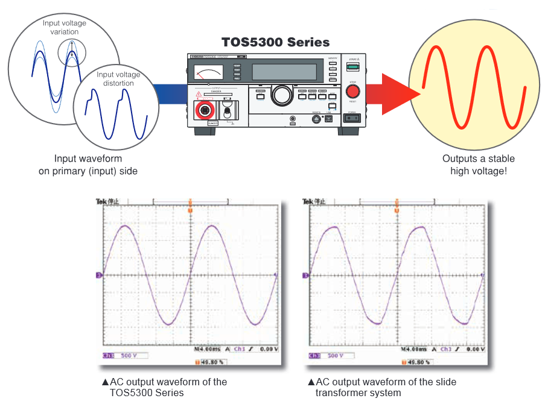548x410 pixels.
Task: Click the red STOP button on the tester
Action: click(x=352, y=92)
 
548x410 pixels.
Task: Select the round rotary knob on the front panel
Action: click(x=281, y=94)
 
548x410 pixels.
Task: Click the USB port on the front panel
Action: click(x=329, y=118)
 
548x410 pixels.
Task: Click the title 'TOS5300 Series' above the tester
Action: click(x=276, y=42)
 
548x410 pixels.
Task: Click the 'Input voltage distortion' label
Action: click(x=118, y=79)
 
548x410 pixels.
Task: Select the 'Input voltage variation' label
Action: click(x=65, y=28)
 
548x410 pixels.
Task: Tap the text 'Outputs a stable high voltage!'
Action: click(x=479, y=165)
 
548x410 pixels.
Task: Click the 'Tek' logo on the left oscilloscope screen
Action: click(x=101, y=201)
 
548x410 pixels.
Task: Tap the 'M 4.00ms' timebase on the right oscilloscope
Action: click(x=415, y=349)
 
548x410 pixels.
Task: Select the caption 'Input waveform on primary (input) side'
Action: click(x=88, y=165)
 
